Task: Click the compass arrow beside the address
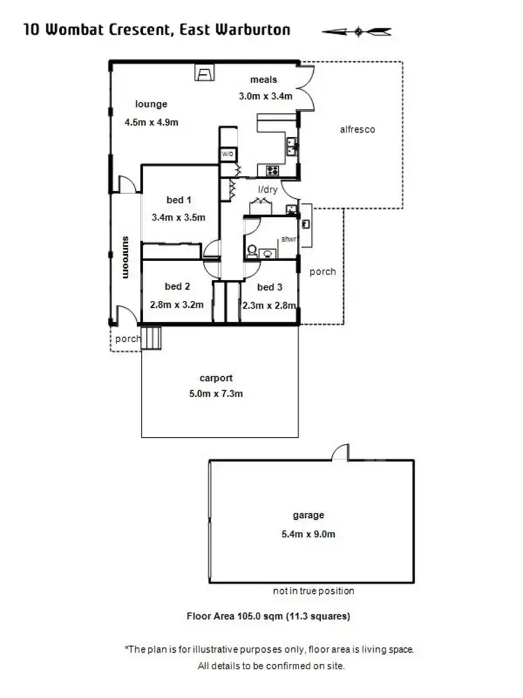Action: click(357, 31)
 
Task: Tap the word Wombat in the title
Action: click(74, 29)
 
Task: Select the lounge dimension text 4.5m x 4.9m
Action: click(151, 122)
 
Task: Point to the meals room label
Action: click(264, 80)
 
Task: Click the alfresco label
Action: click(357, 129)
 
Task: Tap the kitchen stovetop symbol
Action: click(272, 170)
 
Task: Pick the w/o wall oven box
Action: click(228, 154)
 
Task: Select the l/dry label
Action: click(269, 190)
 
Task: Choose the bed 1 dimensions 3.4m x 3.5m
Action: click(179, 217)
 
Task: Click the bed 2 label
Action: click(177, 286)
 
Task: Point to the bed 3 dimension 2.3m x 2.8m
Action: click(270, 305)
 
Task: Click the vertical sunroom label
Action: click(126, 258)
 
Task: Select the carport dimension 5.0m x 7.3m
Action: click(215, 394)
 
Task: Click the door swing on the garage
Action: click(340, 453)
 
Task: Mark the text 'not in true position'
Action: click(313, 591)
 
